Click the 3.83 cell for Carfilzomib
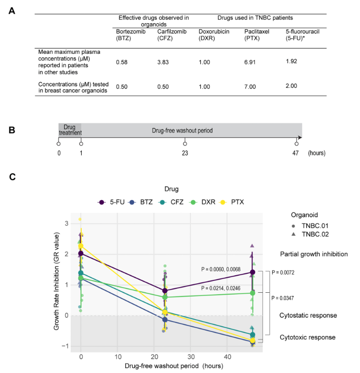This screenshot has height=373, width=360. point(164,62)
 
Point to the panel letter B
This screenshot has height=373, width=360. point(12,129)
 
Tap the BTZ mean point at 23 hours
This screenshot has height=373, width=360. point(165,320)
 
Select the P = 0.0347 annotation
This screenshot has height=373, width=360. point(287,298)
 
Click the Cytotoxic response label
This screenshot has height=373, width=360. point(307,338)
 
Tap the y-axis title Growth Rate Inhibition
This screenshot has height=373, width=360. point(56,284)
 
